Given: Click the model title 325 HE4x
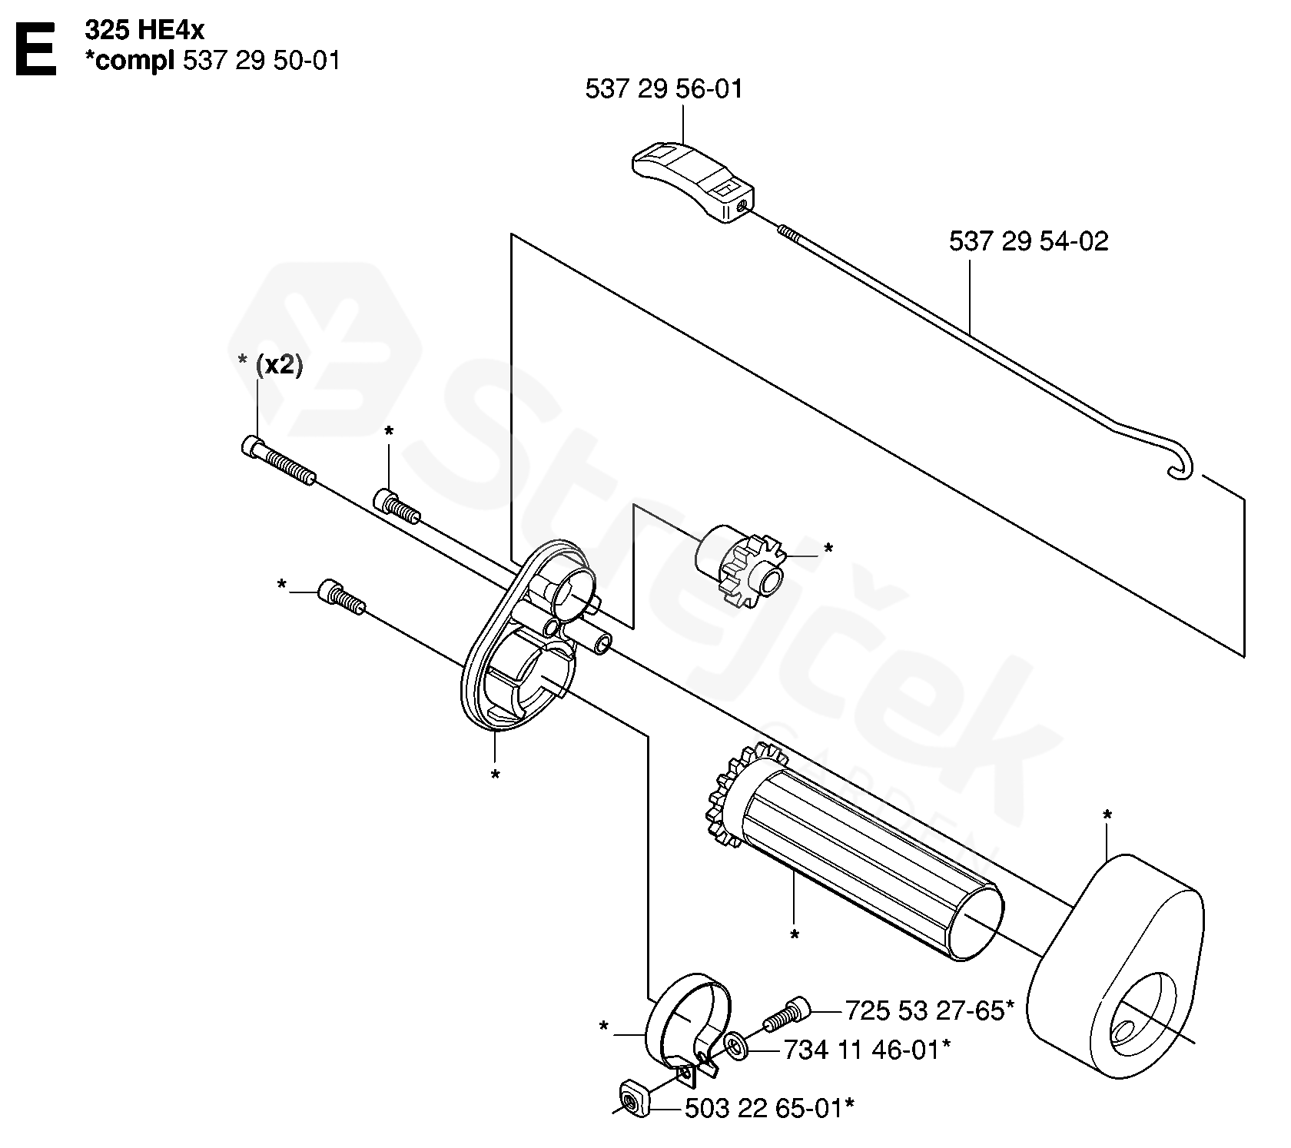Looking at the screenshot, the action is point(145,32).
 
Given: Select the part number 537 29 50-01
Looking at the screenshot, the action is point(262,61).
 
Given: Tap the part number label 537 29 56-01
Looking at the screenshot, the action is point(665,89).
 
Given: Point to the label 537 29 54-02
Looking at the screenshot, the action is point(1029,241).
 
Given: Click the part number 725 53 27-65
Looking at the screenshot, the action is point(924,1010).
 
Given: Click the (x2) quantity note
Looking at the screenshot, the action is point(279,365).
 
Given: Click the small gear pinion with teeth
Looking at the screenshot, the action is point(740,566).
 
